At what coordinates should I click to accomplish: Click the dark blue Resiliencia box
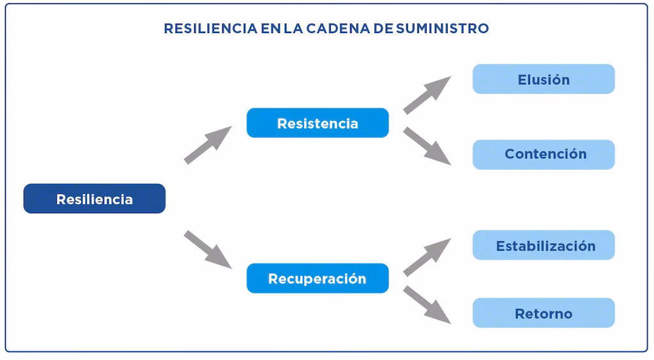point(95,199)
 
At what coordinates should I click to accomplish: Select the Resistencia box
point(317,123)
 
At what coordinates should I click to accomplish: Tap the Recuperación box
point(317,278)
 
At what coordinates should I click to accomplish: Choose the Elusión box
point(544,79)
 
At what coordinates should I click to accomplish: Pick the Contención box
point(544,154)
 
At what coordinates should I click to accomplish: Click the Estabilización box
point(544,245)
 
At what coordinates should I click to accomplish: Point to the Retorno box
point(544,313)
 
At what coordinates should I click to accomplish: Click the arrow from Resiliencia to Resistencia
point(207,145)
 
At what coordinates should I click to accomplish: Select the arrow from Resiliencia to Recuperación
point(207,249)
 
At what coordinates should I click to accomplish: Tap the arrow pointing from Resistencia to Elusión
point(426,95)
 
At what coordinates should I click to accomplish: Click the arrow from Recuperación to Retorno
point(426,304)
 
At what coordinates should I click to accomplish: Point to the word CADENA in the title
point(353,29)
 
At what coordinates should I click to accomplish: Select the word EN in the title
point(271,29)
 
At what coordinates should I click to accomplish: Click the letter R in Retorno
point(519,313)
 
